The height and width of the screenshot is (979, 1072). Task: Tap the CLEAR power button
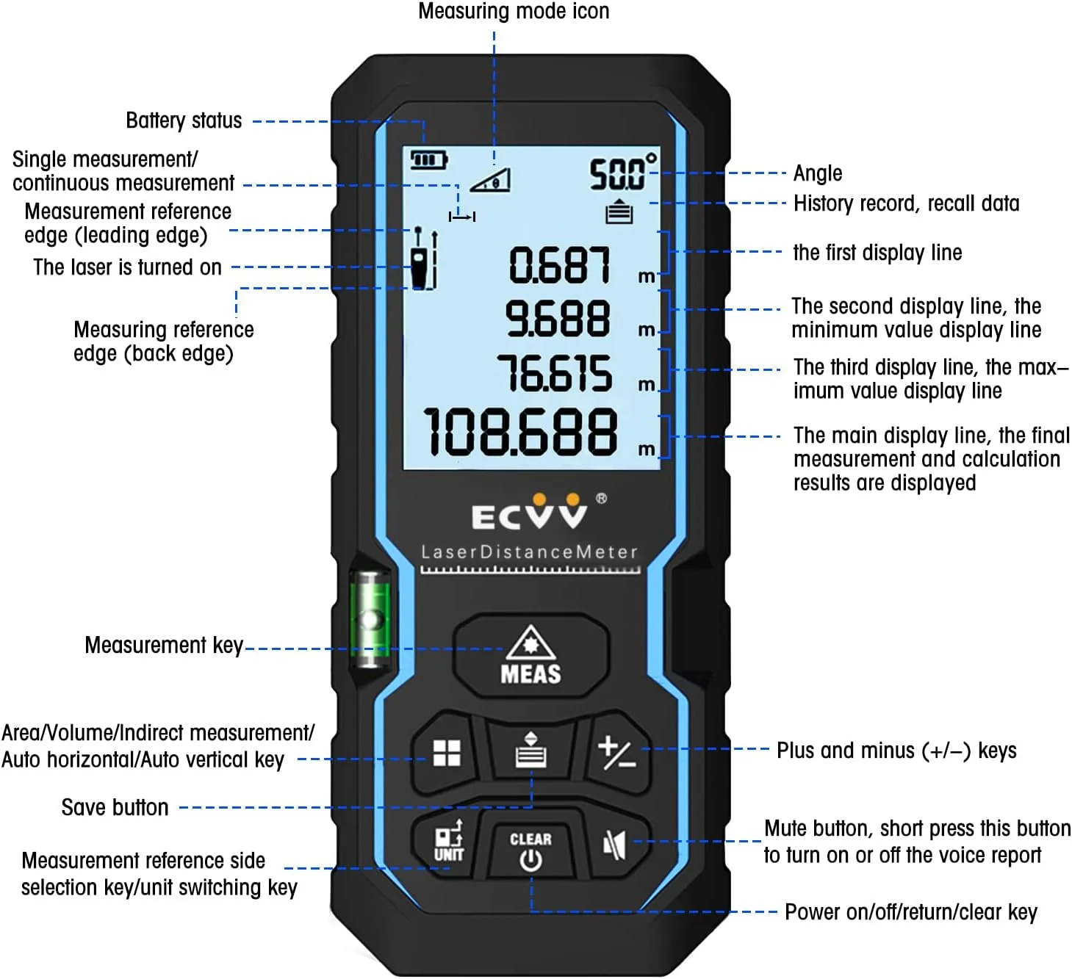click(x=530, y=849)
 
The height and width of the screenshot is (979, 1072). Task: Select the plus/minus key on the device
click(x=616, y=754)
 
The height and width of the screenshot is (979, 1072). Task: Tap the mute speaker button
click(x=614, y=845)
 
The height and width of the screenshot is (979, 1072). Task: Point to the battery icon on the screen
click(x=428, y=159)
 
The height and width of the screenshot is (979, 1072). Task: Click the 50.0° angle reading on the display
click(x=623, y=173)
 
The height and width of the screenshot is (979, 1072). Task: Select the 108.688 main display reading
click(x=521, y=431)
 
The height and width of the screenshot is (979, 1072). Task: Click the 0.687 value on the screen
click(x=560, y=265)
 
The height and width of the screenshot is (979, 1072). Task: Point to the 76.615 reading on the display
click(x=555, y=373)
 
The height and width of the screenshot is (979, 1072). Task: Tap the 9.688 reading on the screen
click(x=558, y=319)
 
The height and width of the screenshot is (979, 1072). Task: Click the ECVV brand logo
click(x=530, y=513)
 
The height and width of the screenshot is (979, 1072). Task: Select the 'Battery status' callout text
click(x=184, y=120)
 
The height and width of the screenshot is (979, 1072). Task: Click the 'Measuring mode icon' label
click(x=514, y=11)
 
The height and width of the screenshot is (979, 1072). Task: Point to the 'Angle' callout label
click(x=817, y=173)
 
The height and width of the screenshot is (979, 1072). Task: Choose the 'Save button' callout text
click(x=115, y=807)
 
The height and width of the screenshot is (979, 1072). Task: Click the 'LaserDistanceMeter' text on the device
click(x=529, y=552)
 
